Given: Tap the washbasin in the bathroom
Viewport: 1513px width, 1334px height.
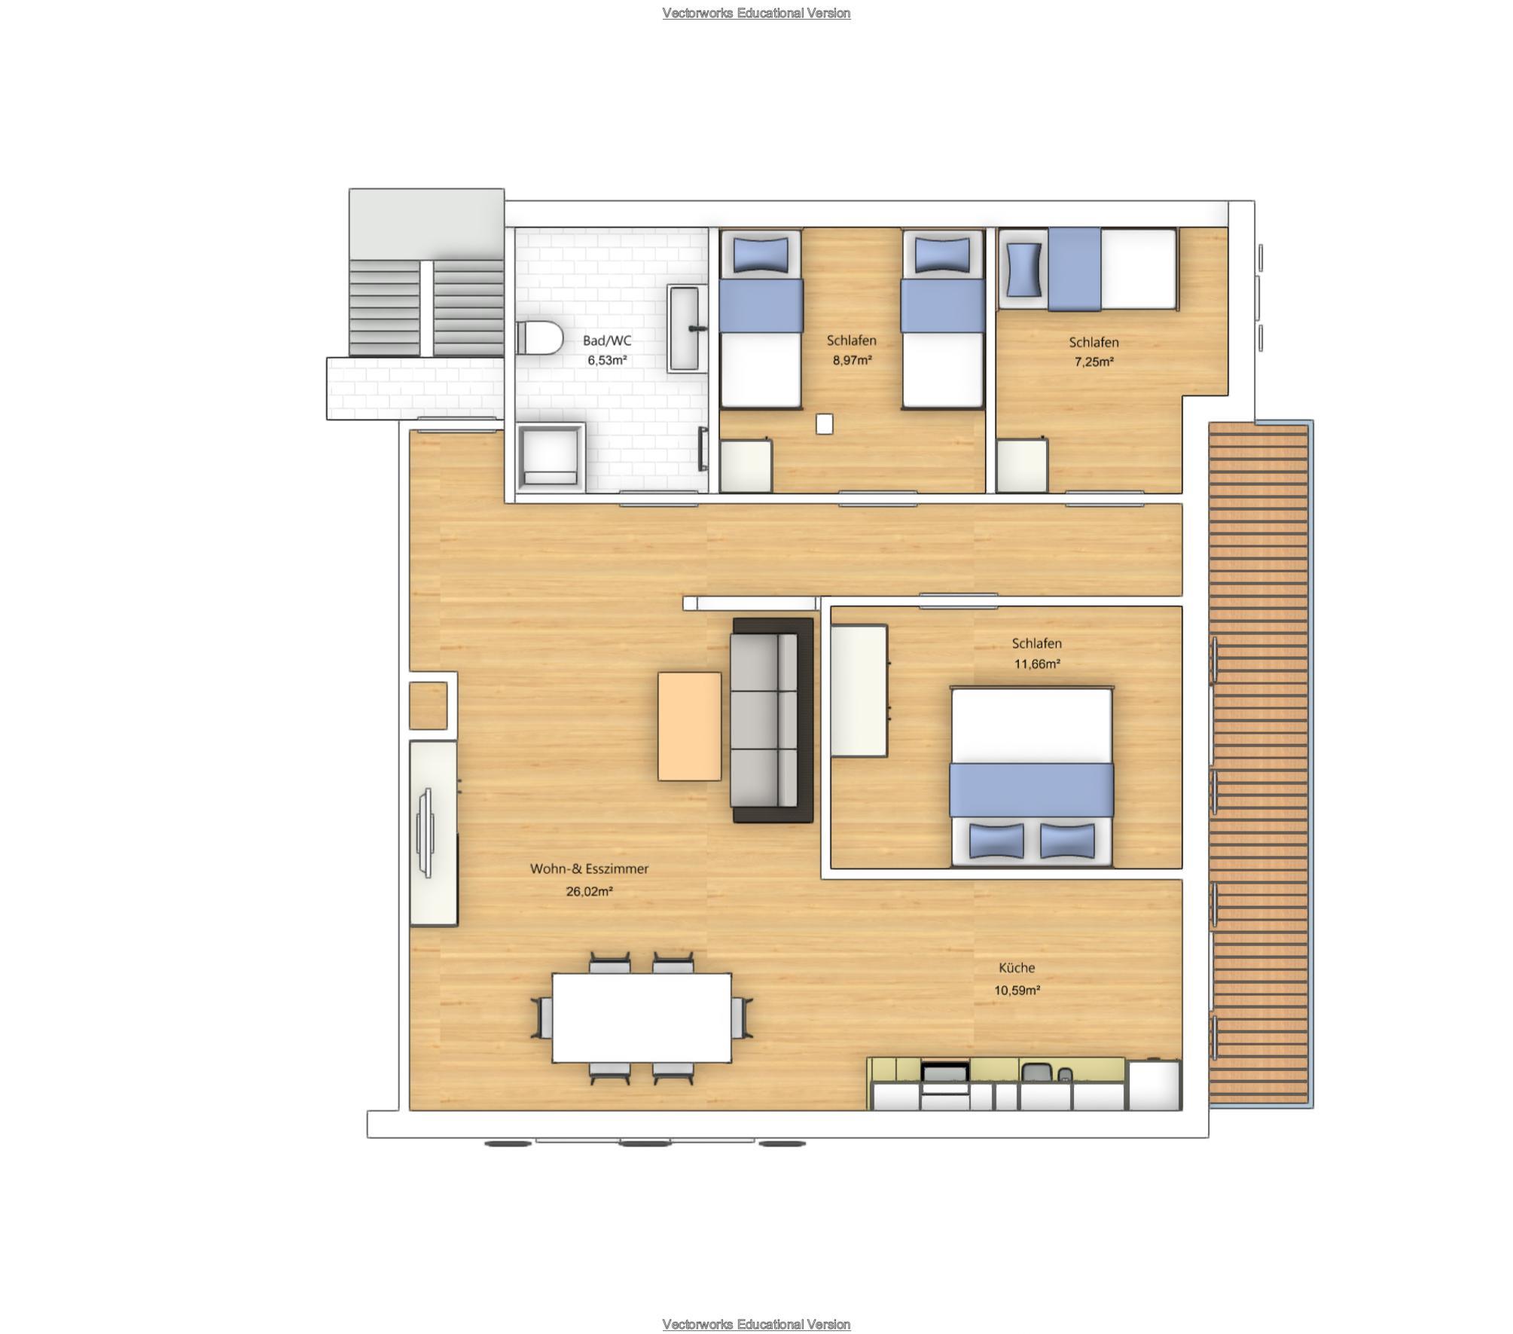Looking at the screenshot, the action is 685,328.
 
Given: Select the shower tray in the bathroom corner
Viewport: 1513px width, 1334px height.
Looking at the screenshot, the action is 551,458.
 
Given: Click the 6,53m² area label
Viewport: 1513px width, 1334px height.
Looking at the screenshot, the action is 607,360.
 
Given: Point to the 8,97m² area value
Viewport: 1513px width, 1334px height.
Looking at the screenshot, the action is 852,360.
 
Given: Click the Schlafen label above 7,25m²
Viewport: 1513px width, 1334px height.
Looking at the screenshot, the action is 1094,342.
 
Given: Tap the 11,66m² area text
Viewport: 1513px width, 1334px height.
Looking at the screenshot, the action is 1037,664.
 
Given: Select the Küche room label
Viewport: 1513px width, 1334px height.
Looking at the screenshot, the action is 1017,968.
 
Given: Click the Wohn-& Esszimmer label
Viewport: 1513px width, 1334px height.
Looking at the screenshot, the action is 589,868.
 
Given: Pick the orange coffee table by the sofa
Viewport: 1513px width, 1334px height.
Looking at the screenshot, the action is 689,726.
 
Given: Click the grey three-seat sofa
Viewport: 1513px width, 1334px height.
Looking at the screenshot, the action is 773,720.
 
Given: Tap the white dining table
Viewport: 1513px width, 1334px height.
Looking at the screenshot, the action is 642,1018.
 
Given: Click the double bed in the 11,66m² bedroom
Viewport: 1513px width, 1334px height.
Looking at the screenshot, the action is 1032,777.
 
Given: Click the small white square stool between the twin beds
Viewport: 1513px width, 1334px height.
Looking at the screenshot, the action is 825,425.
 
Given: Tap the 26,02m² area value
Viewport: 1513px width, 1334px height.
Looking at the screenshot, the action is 589,891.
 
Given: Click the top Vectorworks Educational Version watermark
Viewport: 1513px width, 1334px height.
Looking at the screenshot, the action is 756,13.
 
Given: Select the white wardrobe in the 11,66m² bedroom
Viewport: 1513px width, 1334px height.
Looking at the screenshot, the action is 859,691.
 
